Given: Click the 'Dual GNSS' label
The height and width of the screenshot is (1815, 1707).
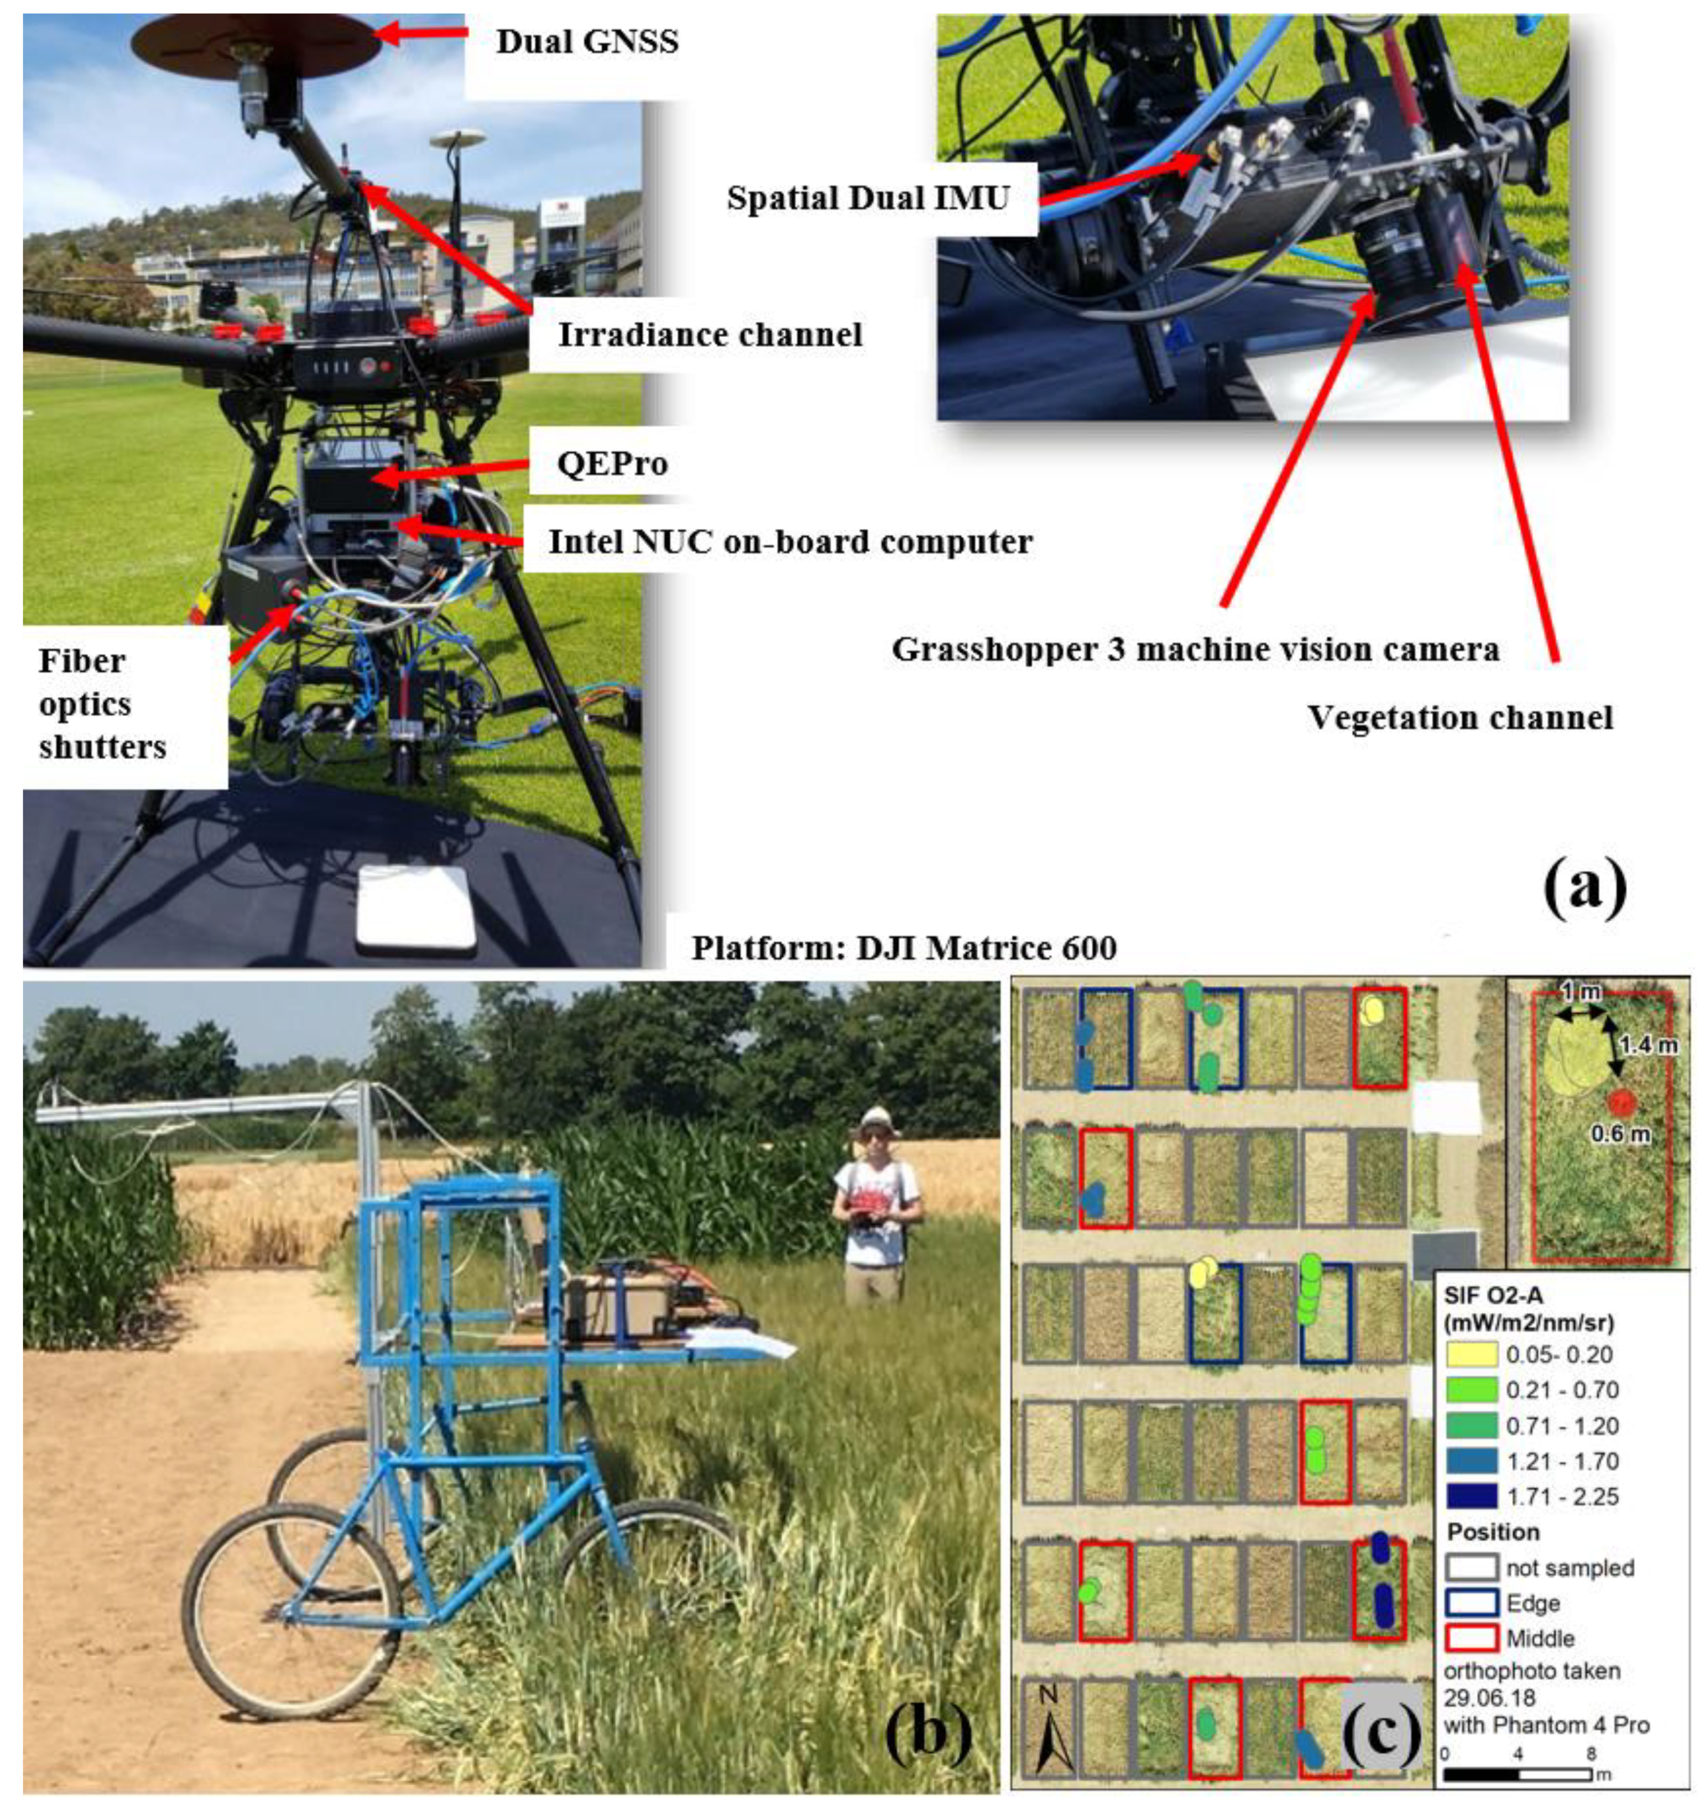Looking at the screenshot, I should point(586,41).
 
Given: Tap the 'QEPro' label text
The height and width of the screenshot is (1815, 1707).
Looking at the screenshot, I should point(612,464).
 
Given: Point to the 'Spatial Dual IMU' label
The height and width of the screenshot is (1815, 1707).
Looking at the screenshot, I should point(868,198).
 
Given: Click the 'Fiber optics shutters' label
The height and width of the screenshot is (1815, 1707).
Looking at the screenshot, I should point(101,704).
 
